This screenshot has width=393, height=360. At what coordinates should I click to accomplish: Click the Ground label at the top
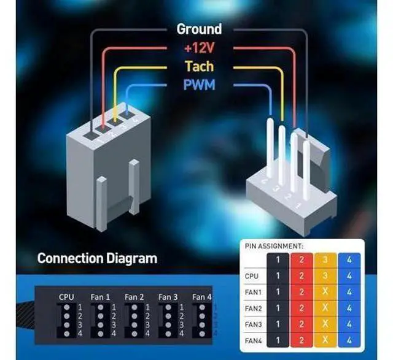(199, 29)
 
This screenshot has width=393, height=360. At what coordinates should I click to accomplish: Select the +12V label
(199, 48)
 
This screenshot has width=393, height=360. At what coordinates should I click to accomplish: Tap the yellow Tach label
(199, 66)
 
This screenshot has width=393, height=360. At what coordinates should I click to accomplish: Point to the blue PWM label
(199, 85)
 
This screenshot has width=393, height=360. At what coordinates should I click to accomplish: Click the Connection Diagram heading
(97, 258)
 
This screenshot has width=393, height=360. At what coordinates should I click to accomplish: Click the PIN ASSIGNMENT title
(274, 246)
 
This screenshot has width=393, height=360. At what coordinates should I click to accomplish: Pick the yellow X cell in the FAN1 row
(325, 292)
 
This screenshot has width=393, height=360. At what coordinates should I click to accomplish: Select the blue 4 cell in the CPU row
(349, 276)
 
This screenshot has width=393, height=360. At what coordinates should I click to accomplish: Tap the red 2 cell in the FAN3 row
(302, 324)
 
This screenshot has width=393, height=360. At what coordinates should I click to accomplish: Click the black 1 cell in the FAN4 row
(278, 340)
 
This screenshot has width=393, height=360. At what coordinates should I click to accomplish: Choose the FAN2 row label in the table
(253, 308)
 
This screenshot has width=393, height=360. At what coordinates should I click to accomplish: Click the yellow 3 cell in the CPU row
(325, 276)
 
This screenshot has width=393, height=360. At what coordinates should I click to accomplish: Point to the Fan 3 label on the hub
(168, 297)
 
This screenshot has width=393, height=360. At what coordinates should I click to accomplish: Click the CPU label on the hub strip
(66, 297)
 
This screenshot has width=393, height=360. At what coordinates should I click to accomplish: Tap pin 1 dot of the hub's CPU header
(67, 307)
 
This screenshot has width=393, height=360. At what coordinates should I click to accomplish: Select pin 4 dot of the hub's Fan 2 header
(134, 334)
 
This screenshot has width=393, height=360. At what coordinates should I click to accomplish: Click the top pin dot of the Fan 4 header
(202, 307)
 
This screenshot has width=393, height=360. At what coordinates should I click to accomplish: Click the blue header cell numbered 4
(349, 260)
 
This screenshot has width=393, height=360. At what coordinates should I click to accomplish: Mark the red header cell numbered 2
(302, 260)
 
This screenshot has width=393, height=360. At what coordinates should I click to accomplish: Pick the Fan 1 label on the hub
(100, 297)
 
